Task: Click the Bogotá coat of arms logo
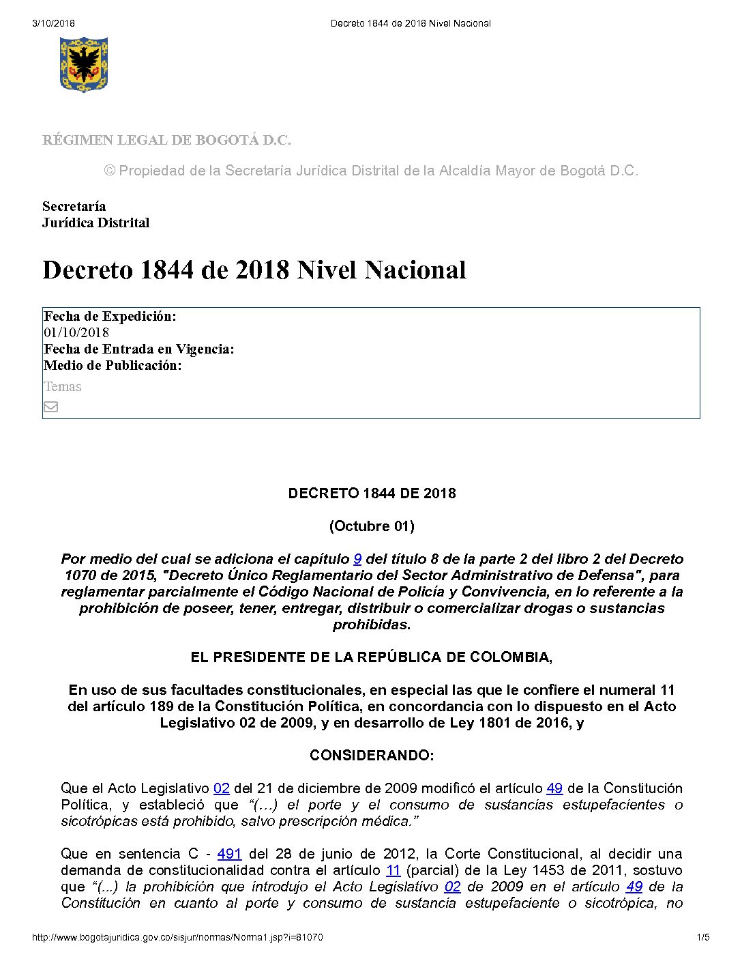83,64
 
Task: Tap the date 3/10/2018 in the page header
53,23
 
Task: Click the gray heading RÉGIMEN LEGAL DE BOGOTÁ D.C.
166,141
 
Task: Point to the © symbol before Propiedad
110,171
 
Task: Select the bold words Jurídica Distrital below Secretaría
95,223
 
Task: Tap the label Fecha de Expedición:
110,316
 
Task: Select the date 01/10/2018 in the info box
76,333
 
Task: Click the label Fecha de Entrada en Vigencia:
138,349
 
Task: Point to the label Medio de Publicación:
113,366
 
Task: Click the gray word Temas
63,387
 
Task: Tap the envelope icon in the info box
51,407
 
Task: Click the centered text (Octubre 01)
372,526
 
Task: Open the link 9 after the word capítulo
357,559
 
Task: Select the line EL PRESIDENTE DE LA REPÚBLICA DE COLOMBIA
372,657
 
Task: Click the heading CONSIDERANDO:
372,756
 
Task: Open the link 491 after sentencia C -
229,854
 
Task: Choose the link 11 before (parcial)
394,870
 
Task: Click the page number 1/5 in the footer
703,938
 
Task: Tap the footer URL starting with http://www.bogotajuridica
177,938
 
